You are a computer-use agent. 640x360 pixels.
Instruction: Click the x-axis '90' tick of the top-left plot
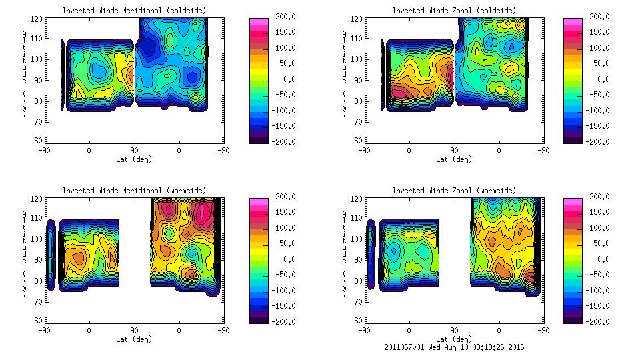tap(134, 150)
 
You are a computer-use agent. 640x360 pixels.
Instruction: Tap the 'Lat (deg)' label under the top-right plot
tap(453, 159)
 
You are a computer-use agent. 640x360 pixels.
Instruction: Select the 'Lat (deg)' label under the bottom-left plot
tap(134, 339)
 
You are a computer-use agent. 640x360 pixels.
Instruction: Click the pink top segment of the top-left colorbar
tap(258, 21)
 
